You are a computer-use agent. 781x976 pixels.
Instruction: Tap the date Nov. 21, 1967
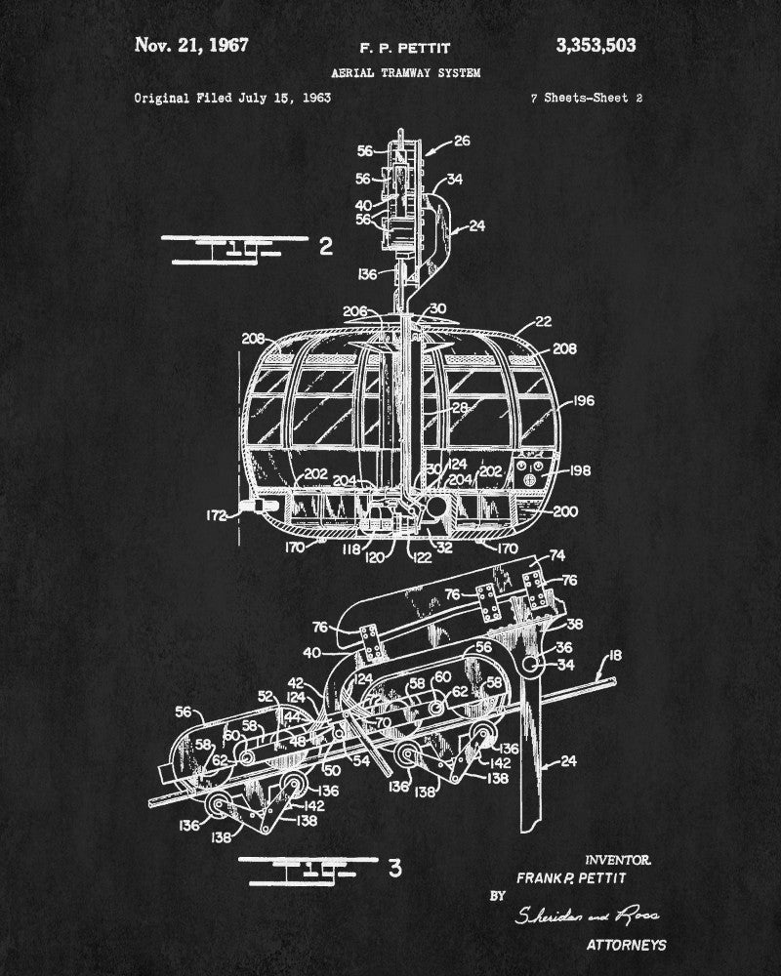(191, 45)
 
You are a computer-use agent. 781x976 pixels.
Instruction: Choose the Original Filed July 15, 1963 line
(232, 99)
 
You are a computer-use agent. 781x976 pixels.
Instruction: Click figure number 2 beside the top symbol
(327, 246)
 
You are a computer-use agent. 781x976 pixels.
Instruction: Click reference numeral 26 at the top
(461, 141)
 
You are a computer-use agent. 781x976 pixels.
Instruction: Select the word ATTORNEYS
(627, 945)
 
